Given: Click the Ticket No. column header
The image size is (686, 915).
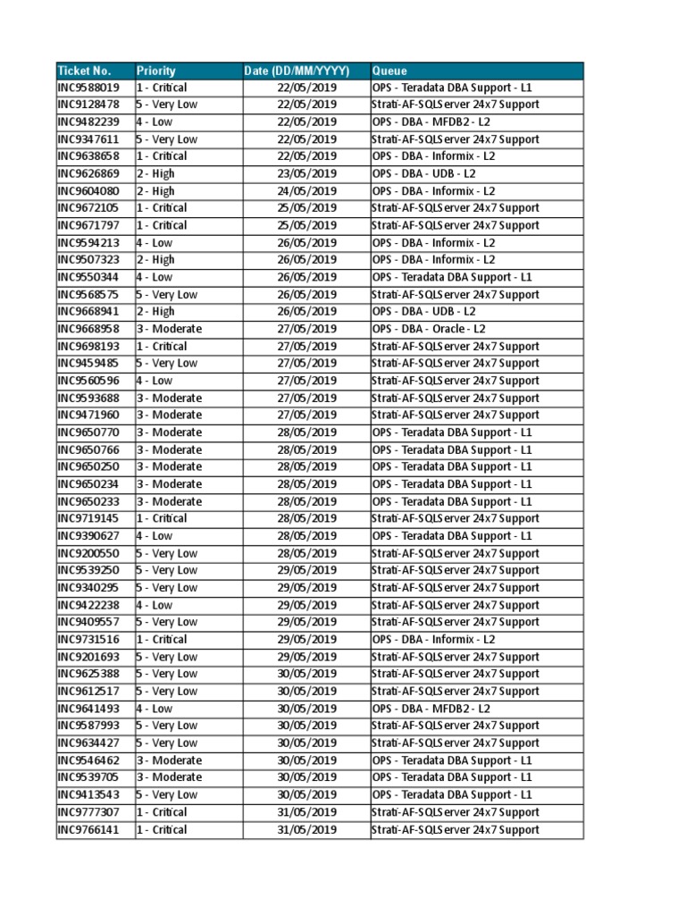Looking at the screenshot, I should (x=84, y=71).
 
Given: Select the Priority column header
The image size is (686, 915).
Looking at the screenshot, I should (x=156, y=71).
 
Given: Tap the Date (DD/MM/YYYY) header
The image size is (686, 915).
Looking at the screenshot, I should (x=296, y=71).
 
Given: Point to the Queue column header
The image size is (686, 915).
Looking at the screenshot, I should (x=389, y=71).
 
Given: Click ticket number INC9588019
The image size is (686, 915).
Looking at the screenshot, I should (x=88, y=88).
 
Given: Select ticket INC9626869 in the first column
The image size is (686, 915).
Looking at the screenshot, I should (x=88, y=174).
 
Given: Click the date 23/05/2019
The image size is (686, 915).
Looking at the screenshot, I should (x=306, y=174).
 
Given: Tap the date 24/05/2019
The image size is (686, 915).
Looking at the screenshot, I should (x=306, y=191).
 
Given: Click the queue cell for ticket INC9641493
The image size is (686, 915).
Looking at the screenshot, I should (x=431, y=709).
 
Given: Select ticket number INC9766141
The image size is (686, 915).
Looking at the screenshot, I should (x=88, y=830).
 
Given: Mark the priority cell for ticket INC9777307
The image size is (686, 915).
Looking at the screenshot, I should (x=162, y=812).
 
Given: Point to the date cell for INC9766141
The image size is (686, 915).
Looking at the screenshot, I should (x=306, y=830).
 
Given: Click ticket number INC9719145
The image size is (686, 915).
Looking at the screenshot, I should (x=88, y=518).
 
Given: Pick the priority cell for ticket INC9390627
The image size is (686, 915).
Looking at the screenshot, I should (x=155, y=536).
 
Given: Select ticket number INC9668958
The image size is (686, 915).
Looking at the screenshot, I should (x=88, y=329).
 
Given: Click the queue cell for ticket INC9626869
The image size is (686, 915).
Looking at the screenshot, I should (x=424, y=174).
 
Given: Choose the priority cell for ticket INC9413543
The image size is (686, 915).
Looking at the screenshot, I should (x=167, y=794).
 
